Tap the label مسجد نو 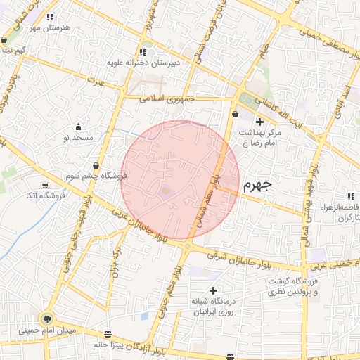(x=78, y=139)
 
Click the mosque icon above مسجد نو (x=77, y=127)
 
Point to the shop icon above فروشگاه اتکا (x=45, y=185)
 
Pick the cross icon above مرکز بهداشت (x=259, y=122)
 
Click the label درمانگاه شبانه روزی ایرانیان (x=213, y=306)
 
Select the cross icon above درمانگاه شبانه (x=213, y=290)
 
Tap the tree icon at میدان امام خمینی (x=48, y=317)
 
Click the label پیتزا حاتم (x=109, y=345)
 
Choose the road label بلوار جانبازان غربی (x=141, y=226)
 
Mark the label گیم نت (x=15, y=51)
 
